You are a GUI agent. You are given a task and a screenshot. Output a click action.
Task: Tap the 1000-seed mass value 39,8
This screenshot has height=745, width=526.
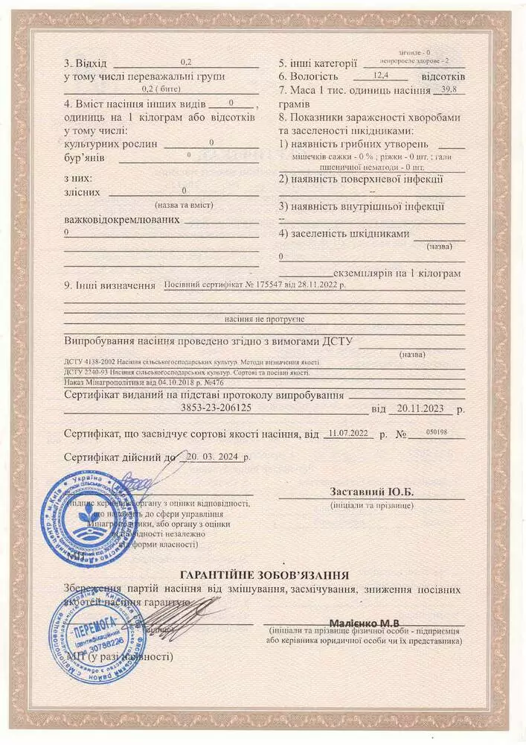[x=449, y=90]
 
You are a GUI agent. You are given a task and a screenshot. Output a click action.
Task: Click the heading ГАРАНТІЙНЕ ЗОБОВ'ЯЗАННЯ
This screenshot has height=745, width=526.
[x=265, y=574]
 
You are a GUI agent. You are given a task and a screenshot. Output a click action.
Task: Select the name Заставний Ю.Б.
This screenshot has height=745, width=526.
[x=371, y=492]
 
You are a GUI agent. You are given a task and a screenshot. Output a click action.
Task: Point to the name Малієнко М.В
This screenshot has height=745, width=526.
[x=365, y=621]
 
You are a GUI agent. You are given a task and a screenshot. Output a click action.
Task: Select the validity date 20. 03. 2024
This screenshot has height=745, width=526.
[x=212, y=457]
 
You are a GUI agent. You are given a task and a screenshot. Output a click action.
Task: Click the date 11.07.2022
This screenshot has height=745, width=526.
[x=347, y=433]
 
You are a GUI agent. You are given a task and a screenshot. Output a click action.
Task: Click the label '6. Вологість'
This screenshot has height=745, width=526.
[x=309, y=76]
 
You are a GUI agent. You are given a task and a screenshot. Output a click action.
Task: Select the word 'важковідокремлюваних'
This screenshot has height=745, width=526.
[x=122, y=220]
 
